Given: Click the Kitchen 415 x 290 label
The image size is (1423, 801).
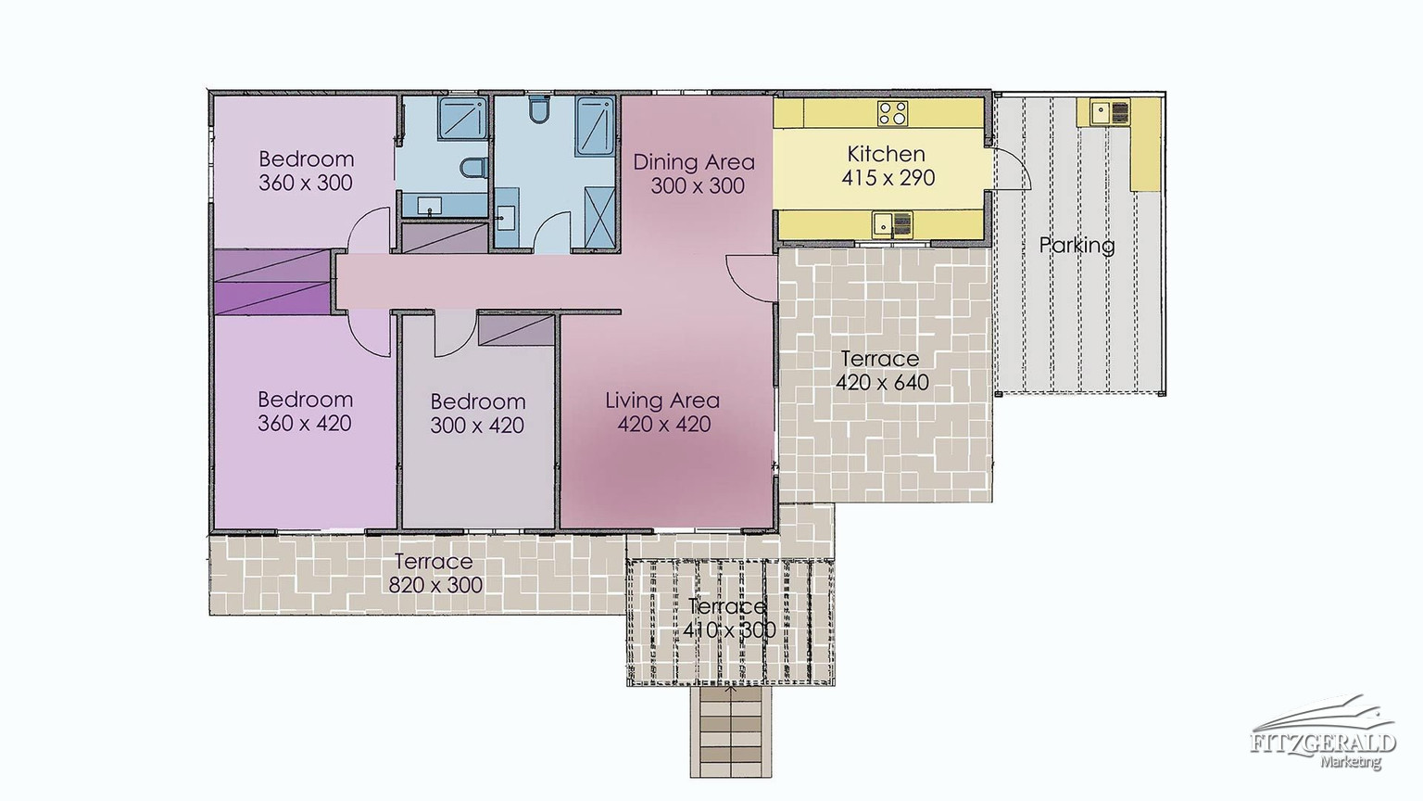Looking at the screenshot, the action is (888, 166).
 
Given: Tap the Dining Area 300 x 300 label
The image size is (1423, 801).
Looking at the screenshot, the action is (694, 173).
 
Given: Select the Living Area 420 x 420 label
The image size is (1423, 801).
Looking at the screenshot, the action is (662, 412).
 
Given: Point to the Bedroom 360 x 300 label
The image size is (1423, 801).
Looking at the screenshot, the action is (306, 171).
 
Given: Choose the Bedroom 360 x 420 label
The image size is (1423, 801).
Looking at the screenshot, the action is (305, 412).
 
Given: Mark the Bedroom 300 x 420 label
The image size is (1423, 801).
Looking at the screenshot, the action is (478, 413).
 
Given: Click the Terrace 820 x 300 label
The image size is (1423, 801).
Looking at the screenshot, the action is (434, 573).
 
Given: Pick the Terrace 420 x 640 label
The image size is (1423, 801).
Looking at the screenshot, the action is (881, 370).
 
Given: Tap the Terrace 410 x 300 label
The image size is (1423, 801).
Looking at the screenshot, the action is (729, 618).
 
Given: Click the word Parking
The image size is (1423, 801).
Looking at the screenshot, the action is (1077, 245).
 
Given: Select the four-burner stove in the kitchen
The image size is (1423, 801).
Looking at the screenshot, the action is (892, 113).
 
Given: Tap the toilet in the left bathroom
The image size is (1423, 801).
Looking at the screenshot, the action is (472, 168).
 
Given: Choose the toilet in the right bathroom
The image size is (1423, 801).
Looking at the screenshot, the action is (538, 109).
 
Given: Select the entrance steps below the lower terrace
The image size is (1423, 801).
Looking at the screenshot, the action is (731, 732).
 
